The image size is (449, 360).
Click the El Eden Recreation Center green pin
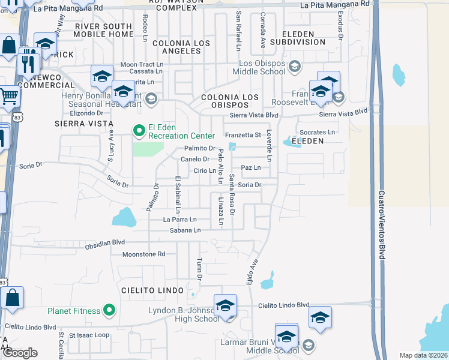139,130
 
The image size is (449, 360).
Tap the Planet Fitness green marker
109,310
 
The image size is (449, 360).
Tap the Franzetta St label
243,135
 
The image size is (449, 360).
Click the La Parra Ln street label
180,220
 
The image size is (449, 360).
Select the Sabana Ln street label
184,230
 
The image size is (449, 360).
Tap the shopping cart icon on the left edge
8,95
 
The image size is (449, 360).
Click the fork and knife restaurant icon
28,62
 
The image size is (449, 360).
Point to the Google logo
19,353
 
